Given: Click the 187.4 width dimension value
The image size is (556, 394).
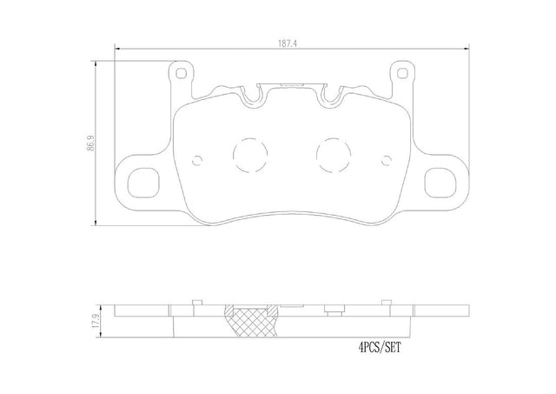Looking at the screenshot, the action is click(x=288, y=44).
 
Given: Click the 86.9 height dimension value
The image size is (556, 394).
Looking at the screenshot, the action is click(x=91, y=143).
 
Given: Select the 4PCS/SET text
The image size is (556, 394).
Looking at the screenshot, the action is click(x=380, y=347).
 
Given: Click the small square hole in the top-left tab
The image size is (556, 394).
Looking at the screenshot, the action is click(x=181, y=73).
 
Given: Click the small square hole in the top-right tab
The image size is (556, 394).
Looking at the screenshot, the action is click(x=402, y=73).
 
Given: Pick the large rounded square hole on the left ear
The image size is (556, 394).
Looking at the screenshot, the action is click(x=143, y=183).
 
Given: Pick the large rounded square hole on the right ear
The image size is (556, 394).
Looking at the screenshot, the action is click(x=440, y=183).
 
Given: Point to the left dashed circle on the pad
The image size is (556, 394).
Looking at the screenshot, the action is click(x=250, y=155).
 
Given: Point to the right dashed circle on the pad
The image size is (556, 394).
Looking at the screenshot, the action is click(x=334, y=155).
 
